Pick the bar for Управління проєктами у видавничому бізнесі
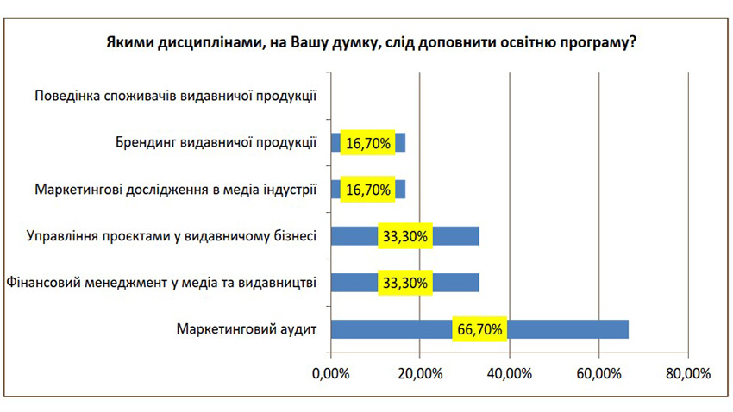(x=457, y=236)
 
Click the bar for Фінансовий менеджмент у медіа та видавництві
(x=457, y=283)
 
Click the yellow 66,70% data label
(x=480, y=329)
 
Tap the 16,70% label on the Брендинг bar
(x=368, y=143)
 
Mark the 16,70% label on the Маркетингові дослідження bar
(x=368, y=190)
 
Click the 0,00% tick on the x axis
(x=329, y=373)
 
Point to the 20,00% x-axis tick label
(x=419, y=373)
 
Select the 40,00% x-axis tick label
(x=509, y=373)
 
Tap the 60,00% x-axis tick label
(x=598, y=373)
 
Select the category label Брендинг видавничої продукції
(x=216, y=142)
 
